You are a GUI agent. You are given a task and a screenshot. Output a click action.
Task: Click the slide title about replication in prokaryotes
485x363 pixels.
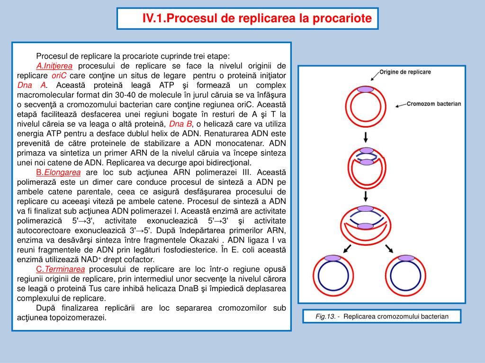257,18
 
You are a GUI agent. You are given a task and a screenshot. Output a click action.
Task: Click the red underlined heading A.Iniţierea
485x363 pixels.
54,66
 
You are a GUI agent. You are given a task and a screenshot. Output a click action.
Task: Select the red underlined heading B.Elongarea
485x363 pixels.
58,172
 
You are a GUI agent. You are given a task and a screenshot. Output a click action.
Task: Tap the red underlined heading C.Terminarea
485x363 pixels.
60,269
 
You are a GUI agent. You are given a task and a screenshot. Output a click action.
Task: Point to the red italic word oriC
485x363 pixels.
59,76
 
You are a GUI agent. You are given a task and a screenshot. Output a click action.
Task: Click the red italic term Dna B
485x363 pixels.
180,124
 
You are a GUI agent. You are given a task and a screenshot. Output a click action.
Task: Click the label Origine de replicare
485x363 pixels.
405,72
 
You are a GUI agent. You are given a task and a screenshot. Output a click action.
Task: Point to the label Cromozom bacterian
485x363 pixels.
434,104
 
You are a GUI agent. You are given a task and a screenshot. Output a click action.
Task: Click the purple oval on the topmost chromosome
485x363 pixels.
366,89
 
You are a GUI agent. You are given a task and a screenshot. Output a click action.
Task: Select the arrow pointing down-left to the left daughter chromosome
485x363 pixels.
347,249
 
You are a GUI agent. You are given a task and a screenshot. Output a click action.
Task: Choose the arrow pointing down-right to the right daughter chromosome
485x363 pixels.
389,249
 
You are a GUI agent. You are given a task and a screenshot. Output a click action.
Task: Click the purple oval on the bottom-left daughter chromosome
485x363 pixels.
332,258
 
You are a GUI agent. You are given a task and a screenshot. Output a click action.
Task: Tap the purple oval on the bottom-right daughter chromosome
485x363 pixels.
406,258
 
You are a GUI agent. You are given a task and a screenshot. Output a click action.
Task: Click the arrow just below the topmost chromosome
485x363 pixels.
366,138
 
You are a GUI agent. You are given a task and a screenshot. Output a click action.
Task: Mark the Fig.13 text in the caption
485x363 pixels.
325,316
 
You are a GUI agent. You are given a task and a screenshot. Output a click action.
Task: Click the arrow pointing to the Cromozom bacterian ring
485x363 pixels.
401,105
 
